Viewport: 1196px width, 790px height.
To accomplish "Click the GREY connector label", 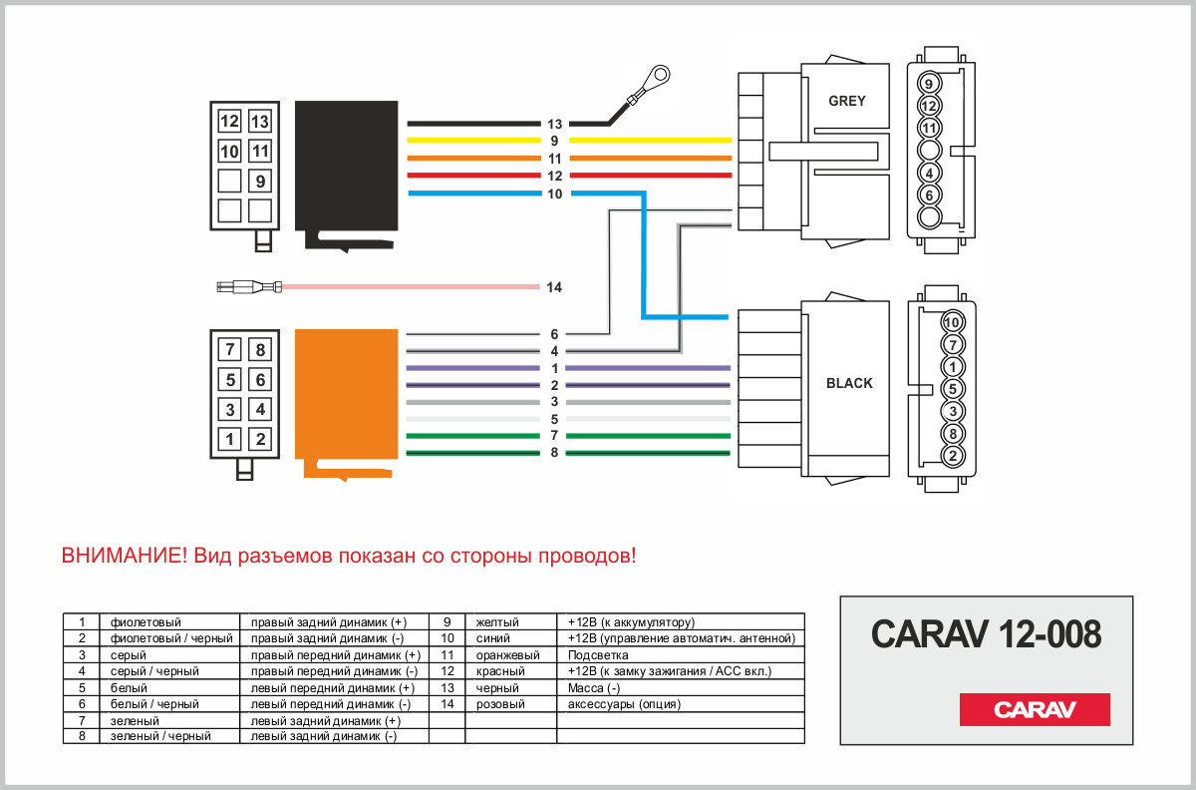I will (847, 101).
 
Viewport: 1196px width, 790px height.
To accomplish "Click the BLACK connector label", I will (849, 383).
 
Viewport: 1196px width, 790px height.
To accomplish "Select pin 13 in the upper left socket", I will (260, 122).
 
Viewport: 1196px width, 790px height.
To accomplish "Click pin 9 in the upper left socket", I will (260, 182).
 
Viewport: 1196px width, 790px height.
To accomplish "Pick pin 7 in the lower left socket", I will (230, 349).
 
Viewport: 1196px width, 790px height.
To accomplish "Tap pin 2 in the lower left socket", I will (260, 438).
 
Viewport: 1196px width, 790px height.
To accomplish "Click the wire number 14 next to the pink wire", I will (554, 288).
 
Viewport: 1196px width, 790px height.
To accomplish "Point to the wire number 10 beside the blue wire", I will (554, 194).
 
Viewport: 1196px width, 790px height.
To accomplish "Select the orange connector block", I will (349, 399).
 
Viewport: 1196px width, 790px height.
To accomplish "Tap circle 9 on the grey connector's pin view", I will (929, 84).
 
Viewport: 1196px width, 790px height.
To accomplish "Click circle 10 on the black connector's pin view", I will (952, 322).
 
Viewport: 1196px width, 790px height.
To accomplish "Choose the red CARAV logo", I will (1035, 710).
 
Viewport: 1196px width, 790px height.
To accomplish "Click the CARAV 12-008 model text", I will (986, 633).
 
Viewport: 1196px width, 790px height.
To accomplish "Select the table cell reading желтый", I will (498, 621).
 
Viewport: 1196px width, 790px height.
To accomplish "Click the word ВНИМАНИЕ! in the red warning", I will (124, 556).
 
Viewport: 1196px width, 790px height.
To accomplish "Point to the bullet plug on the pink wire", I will (249, 287).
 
